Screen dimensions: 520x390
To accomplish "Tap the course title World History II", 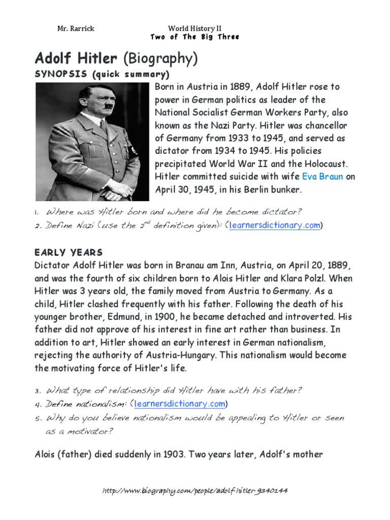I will pos(194,28).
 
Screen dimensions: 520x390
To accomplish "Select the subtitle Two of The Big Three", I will pos(194,37).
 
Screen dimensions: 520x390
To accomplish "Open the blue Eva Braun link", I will pos(322,177).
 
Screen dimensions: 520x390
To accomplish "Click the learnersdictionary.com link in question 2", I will pos(275,225).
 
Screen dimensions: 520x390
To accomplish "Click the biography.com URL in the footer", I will pos(195,491).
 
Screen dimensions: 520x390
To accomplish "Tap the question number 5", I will pos(37,418).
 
